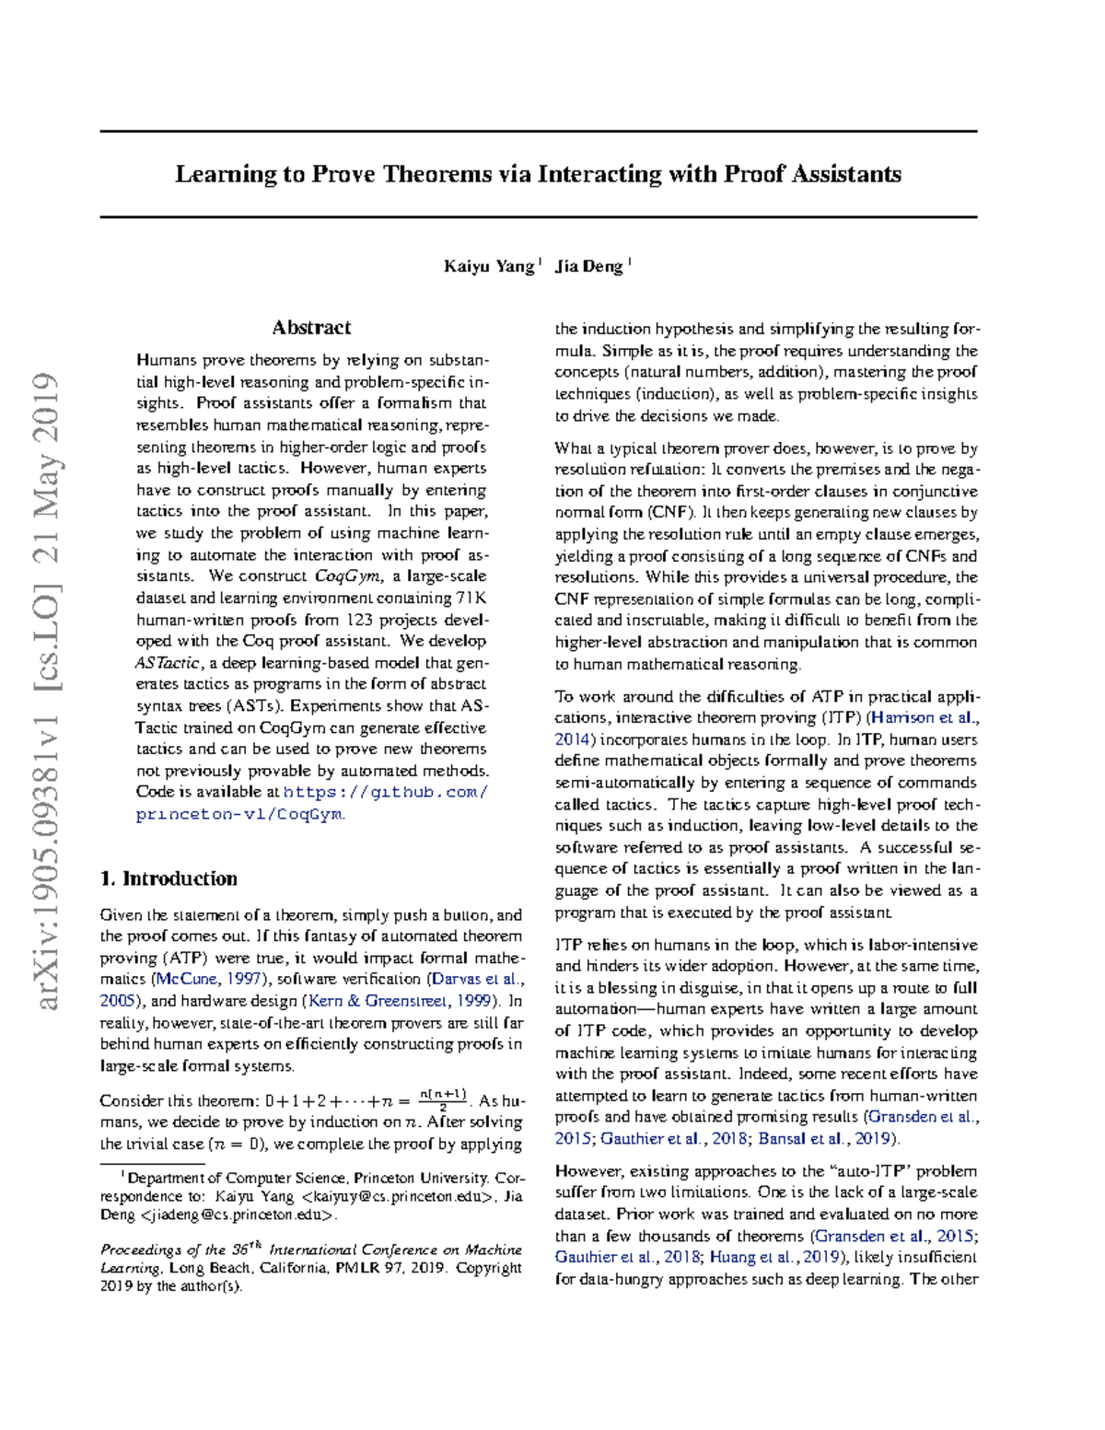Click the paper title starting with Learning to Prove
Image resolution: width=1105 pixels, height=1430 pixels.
(x=538, y=174)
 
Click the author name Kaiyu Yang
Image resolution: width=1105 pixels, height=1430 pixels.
(x=488, y=267)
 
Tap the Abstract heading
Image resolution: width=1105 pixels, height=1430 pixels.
(x=311, y=328)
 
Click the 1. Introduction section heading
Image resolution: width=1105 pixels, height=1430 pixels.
(x=169, y=878)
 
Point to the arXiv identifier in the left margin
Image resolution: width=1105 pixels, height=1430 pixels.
(x=46, y=691)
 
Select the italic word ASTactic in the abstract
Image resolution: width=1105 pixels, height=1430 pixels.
(x=169, y=663)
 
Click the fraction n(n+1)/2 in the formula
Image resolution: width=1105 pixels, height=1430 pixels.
(x=444, y=1099)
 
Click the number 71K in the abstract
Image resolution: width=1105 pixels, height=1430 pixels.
(x=471, y=599)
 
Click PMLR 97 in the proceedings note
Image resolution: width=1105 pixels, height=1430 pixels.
(x=369, y=1268)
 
